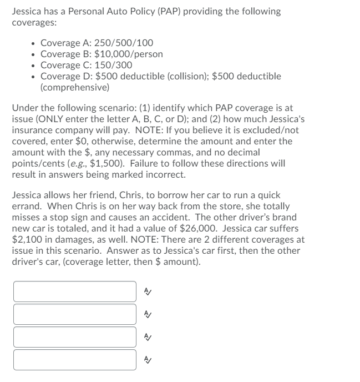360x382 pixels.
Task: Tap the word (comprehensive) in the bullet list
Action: (75, 87)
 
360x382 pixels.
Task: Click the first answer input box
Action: (75, 291)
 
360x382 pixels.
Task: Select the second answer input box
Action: (75, 314)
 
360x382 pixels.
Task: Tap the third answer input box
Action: (75, 337)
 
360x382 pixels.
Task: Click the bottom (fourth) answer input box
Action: (75, 360)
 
